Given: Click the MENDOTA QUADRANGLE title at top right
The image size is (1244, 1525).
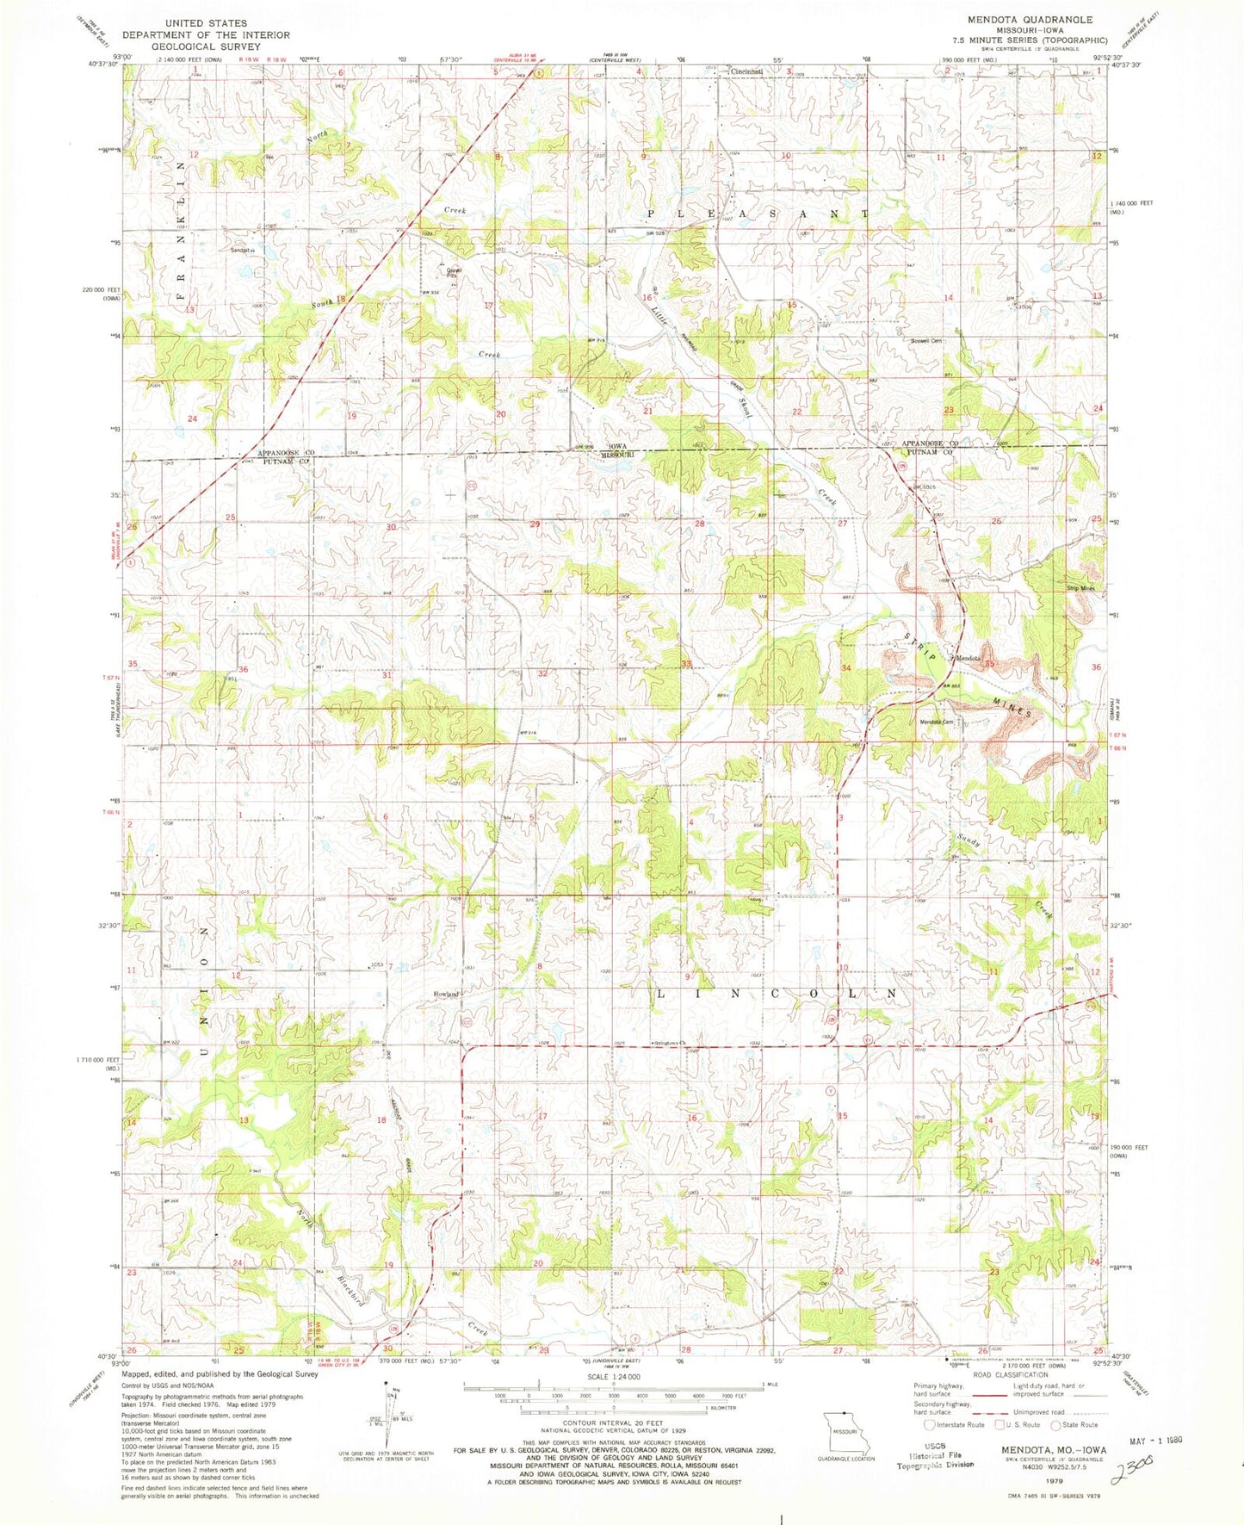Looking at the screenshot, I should [1029, 19].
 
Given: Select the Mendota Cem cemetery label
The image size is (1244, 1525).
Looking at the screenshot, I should [936, 722].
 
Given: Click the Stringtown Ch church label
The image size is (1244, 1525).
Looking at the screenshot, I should [673, 1043].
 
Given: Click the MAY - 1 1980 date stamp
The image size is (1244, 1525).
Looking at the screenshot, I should [1178, 1441].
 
